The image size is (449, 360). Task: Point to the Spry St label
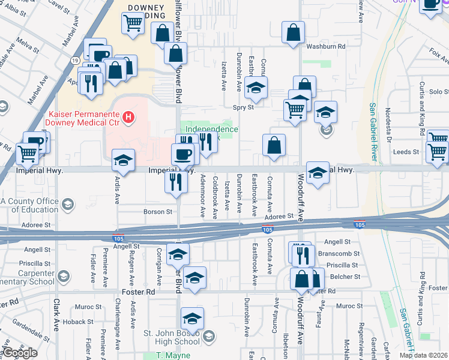[x=244, y=107]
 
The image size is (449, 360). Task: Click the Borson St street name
[x=158, y=211]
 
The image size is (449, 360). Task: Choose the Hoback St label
[x=78, y=322]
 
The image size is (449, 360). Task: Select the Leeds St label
[x=406, y=152]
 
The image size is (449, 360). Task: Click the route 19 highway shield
[x=75, y=60]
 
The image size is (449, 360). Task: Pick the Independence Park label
[x=211, y=130]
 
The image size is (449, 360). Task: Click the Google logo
[x=20, y=353]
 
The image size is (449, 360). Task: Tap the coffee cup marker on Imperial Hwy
[x=183, y=154]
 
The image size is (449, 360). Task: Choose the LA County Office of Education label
[x=30, y=205]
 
